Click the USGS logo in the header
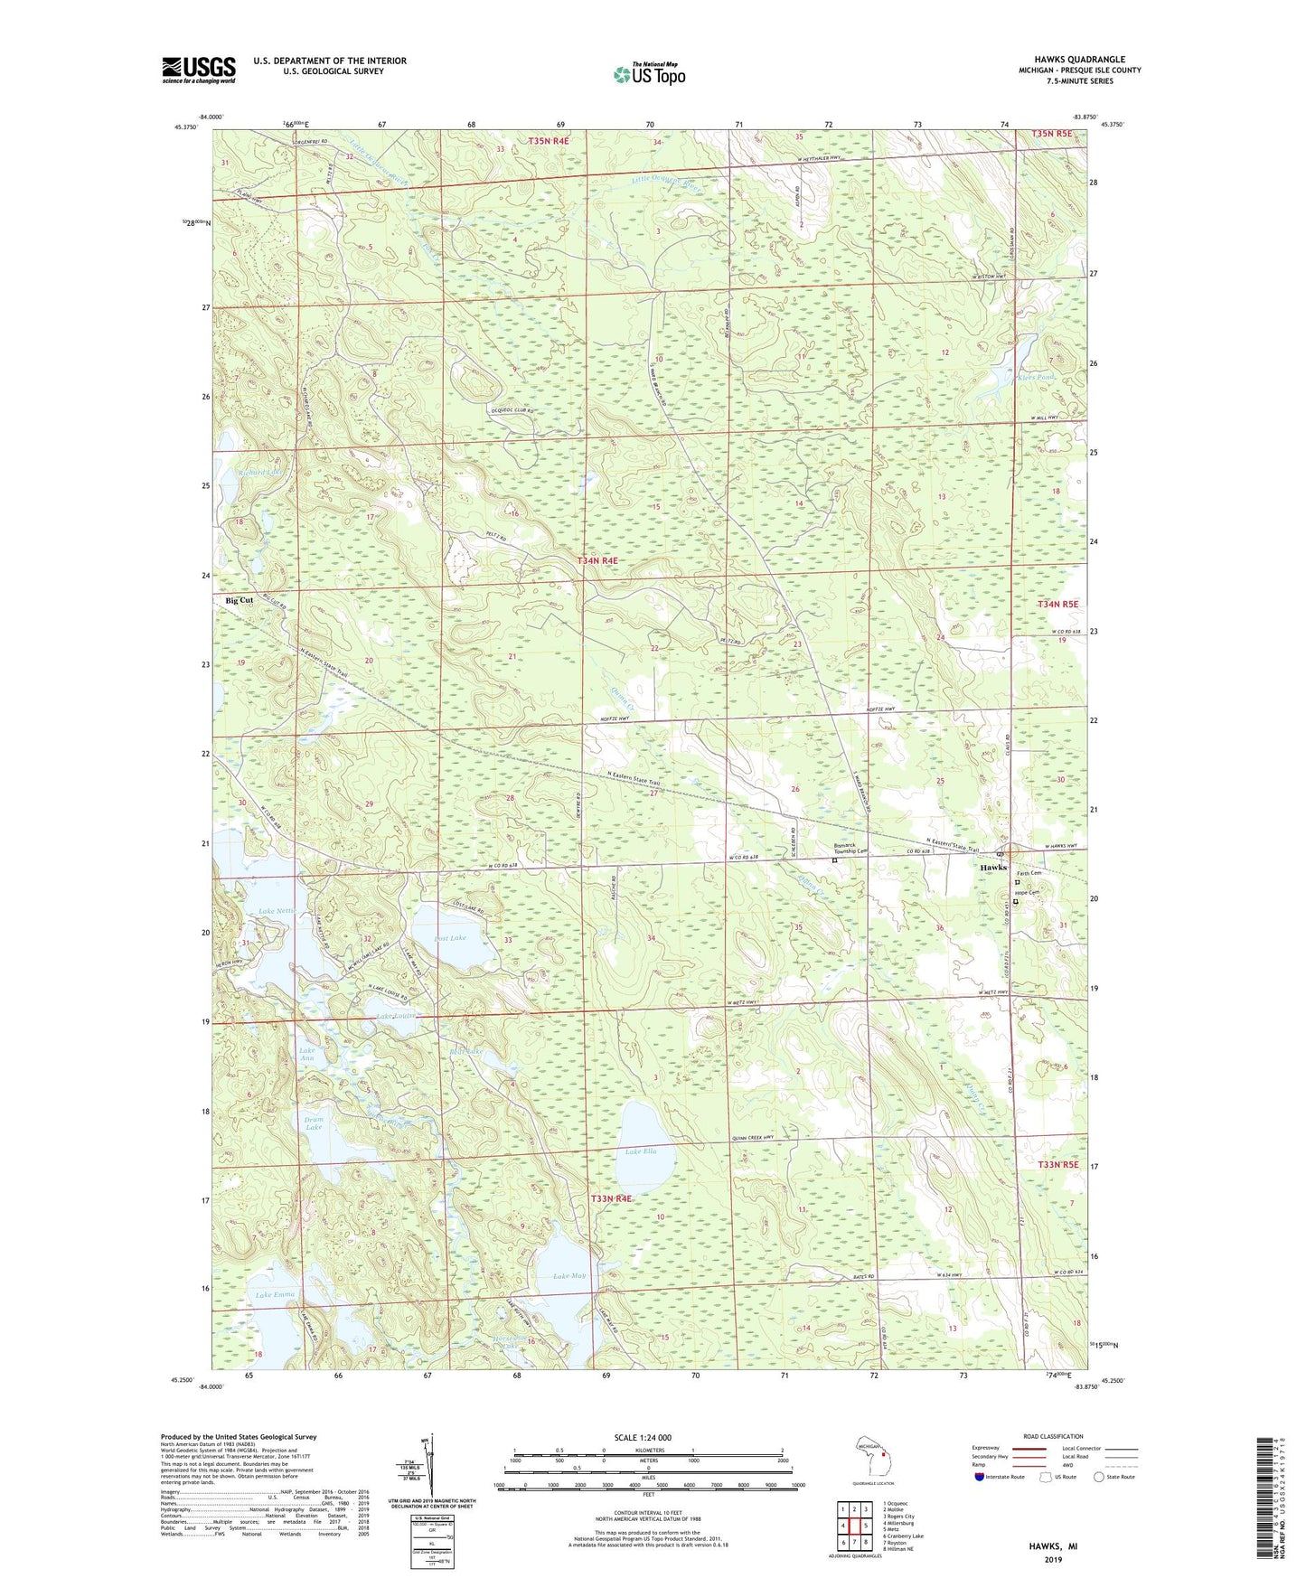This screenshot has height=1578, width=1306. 198,70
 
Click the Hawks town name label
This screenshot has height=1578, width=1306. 993,868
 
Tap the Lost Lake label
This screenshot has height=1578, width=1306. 450,938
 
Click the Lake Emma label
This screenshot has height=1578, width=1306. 275,1295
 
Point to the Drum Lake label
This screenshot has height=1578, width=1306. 314,1123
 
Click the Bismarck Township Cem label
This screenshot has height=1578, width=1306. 850,849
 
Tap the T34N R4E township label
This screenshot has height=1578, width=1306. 598,561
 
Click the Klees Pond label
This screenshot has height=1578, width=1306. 1038,377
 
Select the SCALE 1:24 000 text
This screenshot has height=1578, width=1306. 640,1437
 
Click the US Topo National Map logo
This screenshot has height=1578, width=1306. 649,73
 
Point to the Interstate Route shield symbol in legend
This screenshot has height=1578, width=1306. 981,1477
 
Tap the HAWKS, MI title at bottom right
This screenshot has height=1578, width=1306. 1052,1546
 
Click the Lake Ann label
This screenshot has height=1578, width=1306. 307,1055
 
